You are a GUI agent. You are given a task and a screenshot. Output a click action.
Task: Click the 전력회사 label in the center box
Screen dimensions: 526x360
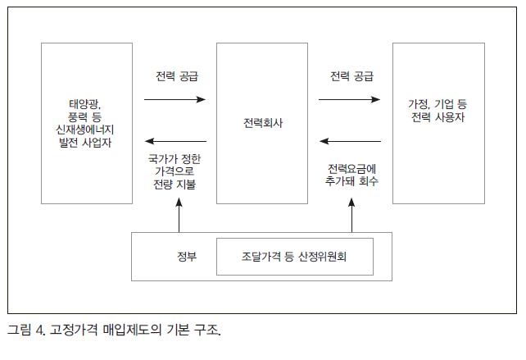263,123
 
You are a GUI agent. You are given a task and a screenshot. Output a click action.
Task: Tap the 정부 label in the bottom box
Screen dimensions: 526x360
187,257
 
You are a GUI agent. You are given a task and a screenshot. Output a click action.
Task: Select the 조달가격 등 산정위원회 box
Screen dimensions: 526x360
295,257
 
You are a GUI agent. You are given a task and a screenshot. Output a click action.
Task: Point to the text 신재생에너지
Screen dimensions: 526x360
85,130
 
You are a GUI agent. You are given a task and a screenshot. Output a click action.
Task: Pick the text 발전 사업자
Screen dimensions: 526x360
85,143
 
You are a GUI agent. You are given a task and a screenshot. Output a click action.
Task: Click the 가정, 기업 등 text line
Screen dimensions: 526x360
438,104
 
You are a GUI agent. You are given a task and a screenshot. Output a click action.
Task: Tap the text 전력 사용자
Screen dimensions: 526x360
438,117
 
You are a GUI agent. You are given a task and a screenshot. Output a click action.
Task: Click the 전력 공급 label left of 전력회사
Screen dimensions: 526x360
177,76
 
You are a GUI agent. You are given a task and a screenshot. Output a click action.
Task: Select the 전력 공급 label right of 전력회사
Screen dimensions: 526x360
351,76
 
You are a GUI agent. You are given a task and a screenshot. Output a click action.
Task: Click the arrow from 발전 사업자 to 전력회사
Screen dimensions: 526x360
175,99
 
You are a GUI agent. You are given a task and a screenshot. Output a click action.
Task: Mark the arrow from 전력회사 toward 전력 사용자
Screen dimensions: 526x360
349,99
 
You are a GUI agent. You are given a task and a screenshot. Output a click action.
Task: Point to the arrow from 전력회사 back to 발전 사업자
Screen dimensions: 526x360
175,141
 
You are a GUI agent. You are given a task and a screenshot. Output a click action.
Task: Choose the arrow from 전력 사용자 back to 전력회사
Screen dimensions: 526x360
350,141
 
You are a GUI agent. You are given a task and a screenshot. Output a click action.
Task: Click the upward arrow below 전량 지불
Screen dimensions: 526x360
179,215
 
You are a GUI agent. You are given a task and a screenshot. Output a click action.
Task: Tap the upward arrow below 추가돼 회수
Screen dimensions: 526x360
351,215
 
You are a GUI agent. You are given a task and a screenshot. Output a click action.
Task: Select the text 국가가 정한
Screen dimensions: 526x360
175,158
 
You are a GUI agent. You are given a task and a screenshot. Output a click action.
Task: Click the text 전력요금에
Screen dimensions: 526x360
351,169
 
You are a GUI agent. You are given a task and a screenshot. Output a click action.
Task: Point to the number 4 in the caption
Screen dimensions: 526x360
39,330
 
